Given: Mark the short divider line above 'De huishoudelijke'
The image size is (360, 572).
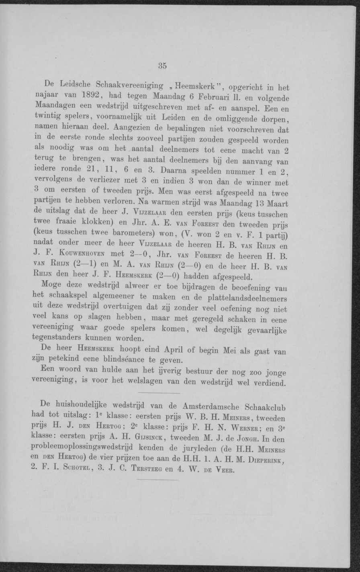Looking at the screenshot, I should (160, 392).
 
